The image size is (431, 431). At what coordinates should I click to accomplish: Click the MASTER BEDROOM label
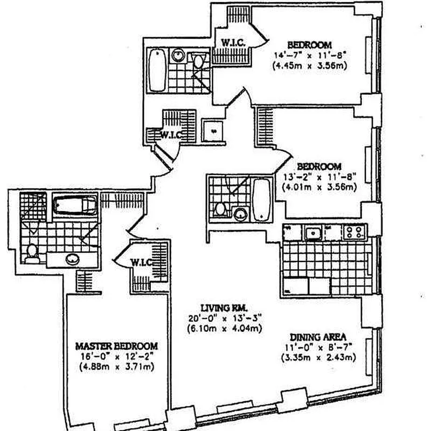point(116,345)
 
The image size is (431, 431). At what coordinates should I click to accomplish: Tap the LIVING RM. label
point(217,307)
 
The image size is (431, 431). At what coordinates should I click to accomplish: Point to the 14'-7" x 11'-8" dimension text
point(309,55)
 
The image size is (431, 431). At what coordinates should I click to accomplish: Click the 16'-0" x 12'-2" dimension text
point(116,356)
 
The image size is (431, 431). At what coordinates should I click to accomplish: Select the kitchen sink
point(311,233)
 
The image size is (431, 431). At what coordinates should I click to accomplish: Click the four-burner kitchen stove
point(354,233)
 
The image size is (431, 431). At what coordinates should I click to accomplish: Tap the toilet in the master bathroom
point(32,252)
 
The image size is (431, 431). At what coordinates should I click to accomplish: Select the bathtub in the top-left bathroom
point(157,71)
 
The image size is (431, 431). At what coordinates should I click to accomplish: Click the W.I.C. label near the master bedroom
point(141,262)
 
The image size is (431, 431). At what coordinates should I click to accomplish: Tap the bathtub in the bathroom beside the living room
point(261,199)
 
